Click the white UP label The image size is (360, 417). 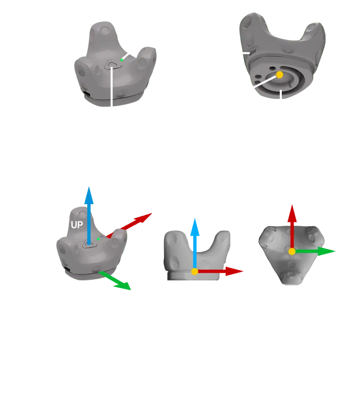click(x=77, y=225)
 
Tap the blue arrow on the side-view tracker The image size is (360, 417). click(x=195, y=240)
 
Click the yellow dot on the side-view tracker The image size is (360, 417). click(x=195, y=272)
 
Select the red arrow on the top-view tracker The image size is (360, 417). click(x=292, y=222)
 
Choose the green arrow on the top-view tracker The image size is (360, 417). click(x=318, y=251)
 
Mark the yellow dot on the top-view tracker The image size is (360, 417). click(x=292, y=252)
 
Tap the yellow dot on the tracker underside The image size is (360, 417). click(x=279, y=75)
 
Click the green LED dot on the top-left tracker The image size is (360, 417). click(x=121, y=60)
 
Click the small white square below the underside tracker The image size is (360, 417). click(x=280, y=101)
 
